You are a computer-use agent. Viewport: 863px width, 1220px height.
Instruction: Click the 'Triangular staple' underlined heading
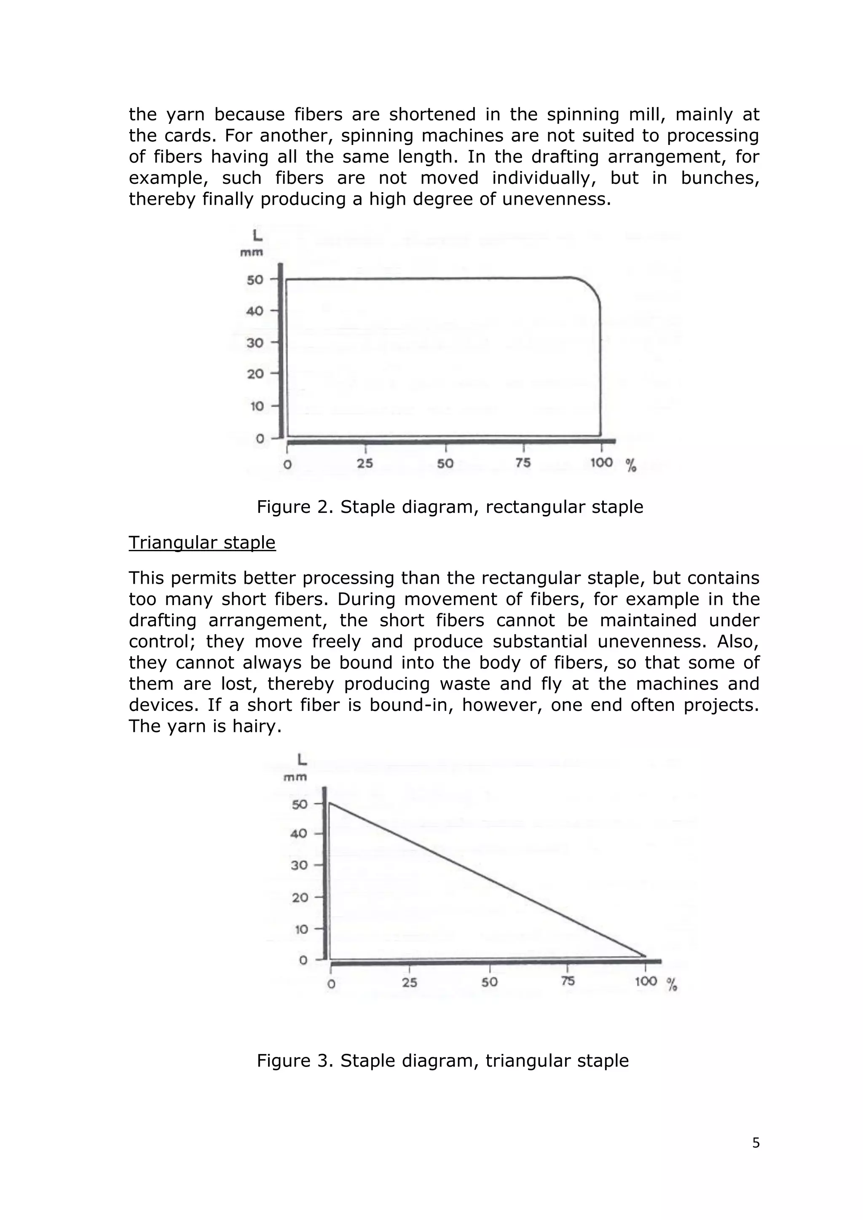click(202, 542)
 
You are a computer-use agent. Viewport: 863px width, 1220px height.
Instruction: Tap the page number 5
click(756, 1142)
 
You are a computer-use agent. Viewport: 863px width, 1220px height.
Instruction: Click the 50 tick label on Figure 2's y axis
click(255, 279)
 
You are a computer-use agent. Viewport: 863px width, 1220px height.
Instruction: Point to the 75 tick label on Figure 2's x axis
click(523, 463)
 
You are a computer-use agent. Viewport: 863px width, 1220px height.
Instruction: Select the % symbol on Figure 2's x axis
click(631, 466)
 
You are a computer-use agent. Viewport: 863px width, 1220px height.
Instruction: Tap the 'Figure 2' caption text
click(450, 507)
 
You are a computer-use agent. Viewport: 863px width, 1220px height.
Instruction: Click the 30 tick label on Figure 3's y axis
click(299, 865)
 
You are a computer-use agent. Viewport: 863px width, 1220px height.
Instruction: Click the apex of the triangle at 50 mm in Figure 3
click(330, 803)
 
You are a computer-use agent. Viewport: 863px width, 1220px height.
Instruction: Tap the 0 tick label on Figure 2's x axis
click(287, 464)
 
